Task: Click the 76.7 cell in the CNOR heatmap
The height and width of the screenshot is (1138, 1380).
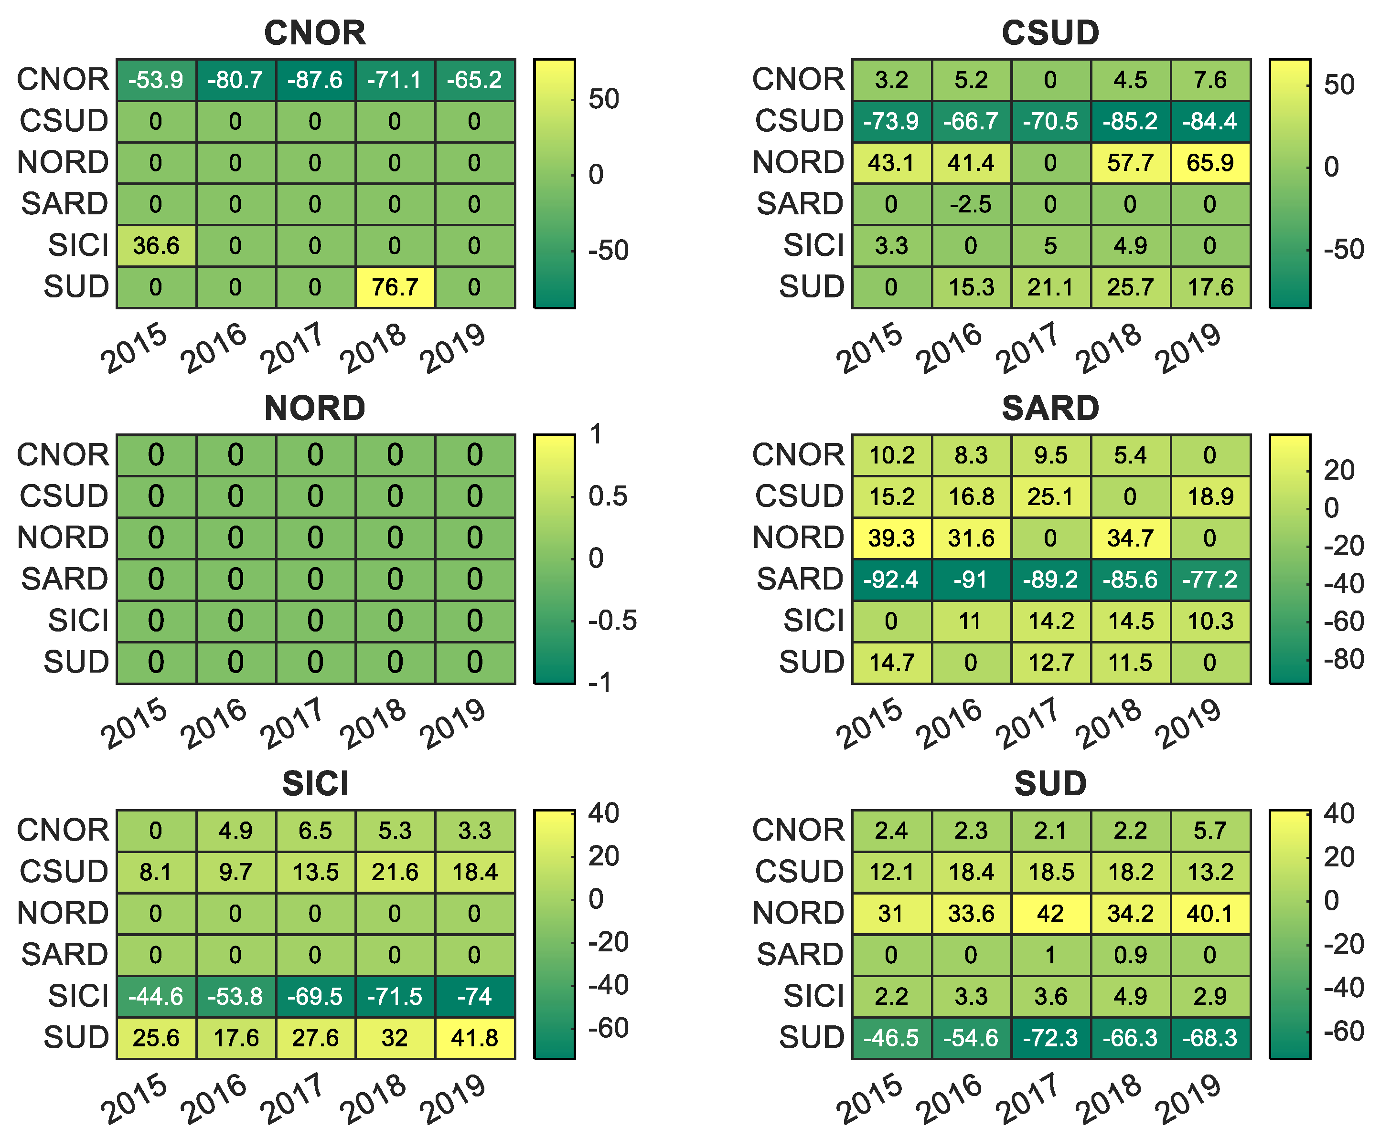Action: click(x=395, y=287)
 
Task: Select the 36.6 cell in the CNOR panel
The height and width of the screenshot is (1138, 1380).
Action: click(x=156, y=246)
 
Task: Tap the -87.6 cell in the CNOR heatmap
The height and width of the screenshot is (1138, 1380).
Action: click(x=315, y=80)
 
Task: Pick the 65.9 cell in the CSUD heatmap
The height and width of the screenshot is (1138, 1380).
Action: click(x=1210, y=163)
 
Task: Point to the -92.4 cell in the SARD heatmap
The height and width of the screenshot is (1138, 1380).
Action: click(x=891, y=580)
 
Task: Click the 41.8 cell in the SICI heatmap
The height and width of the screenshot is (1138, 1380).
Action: click(x=475, y=1038)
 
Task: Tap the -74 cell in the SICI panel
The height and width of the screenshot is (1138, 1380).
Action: click(x=475, y=996)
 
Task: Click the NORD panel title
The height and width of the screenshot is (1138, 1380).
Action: click(x=315, y=409)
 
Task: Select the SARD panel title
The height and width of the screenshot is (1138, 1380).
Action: click(x=1050, y=409)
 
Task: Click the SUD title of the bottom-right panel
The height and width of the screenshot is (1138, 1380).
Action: click(x=1050, y=783)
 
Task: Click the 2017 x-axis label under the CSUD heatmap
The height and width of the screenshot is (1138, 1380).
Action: click(x=1027, y=348)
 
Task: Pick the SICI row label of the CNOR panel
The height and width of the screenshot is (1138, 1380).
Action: click(x=78, y=246)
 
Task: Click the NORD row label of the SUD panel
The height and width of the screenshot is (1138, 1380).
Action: click(x=798, y=913)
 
